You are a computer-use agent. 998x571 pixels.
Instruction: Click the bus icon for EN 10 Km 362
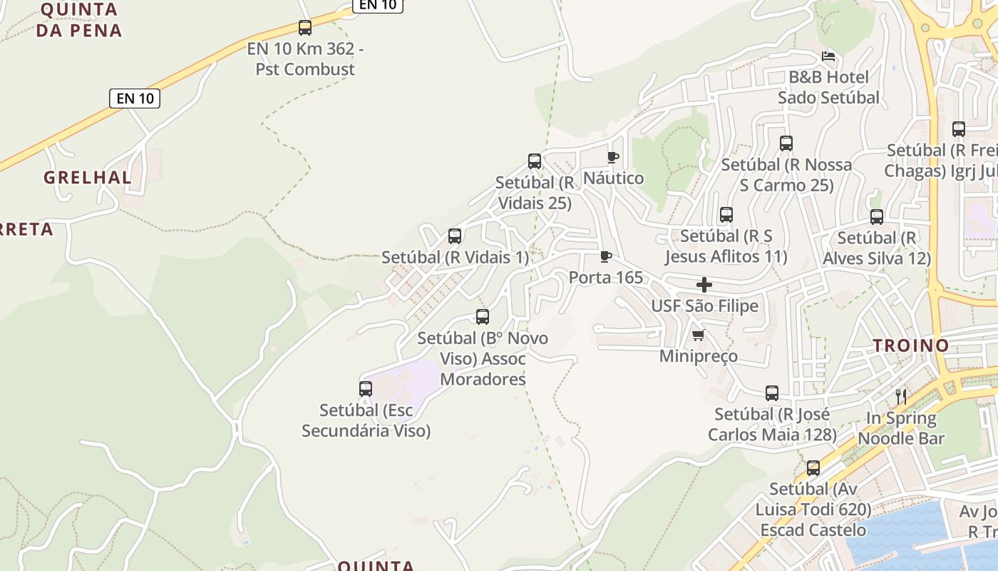coord(305,28)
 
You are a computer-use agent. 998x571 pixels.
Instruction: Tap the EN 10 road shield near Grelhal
coord(135,98)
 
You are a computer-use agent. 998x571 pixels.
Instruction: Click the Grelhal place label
coord(88,178)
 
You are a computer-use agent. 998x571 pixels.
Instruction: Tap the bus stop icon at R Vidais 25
coord(535,161)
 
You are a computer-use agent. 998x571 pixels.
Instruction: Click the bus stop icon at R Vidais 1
coord(455,236)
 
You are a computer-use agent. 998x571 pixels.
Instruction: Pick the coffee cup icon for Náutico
coord(612,157)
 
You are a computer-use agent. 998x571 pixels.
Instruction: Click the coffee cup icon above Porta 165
coord(606,256)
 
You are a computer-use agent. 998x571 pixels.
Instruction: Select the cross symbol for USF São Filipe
coord(704,285)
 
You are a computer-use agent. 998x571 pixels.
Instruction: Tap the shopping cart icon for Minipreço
coord(698,335)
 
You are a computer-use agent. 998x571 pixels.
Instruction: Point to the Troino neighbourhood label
coord(912,346)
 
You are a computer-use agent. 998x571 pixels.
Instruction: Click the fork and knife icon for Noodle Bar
coord(901,397)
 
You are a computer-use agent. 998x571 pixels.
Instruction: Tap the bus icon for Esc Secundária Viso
coord(366,389)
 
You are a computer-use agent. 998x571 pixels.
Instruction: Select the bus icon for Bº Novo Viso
coord(483,317)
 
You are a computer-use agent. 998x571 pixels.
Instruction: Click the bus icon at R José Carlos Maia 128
coord(772,393)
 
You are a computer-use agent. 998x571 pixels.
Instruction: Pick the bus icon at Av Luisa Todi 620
coord(813,468)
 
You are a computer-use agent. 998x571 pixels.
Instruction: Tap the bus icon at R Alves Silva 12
coord(877,217)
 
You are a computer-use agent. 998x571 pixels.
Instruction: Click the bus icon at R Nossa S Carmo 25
coord(786,143)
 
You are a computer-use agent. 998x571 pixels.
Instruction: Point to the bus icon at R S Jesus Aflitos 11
coord(726,214)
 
